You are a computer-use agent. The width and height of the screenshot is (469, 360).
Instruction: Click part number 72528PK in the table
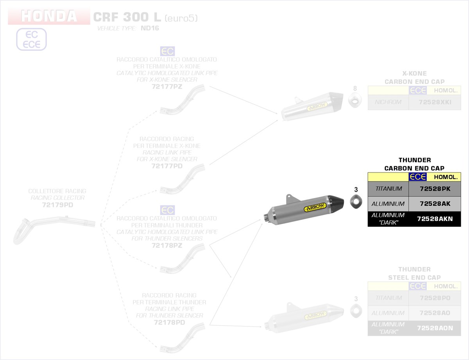[x=435, y=189]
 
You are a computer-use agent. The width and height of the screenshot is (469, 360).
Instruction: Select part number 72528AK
[x=435, y=204]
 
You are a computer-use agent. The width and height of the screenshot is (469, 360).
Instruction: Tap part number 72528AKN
[x=435, y=219]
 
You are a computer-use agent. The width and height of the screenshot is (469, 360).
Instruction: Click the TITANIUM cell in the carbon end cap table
[x=388, y=189]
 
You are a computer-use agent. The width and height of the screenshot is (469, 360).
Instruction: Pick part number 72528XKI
[x=435, y=102]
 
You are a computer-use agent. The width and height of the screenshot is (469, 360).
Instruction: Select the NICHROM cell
[x=388, y=102]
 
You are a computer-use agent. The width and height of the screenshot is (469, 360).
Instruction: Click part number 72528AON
[x=435, y=328]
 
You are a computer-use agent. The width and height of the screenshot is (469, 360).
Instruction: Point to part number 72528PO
[x=435, y=298]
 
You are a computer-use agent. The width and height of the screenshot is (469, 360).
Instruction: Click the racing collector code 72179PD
[x=57, y=205]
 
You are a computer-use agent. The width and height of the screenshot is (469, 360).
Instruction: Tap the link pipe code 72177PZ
[x=167, y=87]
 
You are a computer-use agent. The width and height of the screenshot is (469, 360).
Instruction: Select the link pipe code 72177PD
[x=167, y=166]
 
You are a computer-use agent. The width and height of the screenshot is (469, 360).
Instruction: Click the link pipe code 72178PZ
[x=167, y=246]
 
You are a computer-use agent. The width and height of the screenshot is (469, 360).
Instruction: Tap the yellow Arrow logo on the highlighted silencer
[x=315, y=208]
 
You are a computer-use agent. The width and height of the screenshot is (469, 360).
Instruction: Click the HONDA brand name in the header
[x=49, y=16]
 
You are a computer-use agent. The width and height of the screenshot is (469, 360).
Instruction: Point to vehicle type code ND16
[x=150, y=28]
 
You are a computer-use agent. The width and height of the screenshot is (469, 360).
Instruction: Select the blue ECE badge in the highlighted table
[x=417, y=177]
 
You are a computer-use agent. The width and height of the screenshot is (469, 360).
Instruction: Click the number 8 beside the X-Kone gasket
[x=355, y=88]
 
